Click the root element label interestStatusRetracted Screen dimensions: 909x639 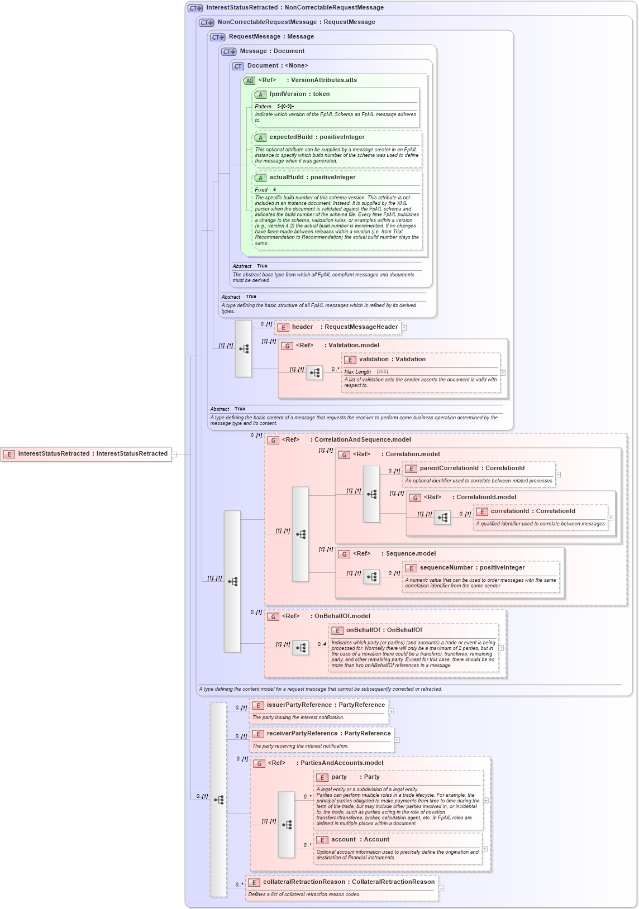[x=93, y=454]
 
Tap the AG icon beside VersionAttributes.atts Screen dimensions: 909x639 [x=249, y=81]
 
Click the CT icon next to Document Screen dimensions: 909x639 [x=238, y=66]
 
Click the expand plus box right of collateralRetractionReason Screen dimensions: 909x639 [x=441, y=888]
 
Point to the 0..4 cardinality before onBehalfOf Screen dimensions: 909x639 [x=322, y=644]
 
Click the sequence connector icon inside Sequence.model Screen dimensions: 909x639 [x=371, y=577]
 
